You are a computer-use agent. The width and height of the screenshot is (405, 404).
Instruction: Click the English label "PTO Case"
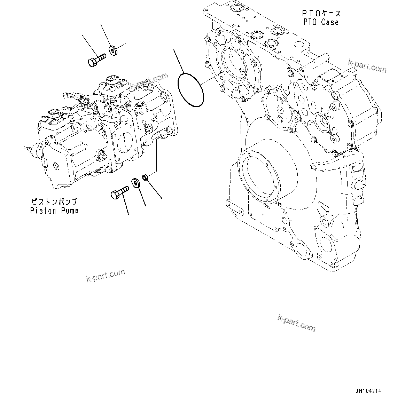click(x=320, y=22)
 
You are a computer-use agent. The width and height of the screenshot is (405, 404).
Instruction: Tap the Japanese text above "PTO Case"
click(x=321, y=14)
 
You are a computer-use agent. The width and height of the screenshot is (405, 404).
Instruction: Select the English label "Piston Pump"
click(x=54, y=211)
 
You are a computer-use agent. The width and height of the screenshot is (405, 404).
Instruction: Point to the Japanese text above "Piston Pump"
click(x=54, y=201)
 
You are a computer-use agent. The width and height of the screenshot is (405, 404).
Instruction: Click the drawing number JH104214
click(x=368, y=391)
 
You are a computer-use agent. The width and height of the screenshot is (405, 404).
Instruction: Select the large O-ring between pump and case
click(x=190, y=89)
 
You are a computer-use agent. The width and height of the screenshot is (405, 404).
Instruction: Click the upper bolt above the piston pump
click(x=96, y=60)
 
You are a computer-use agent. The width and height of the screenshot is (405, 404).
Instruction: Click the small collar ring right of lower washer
click(x=147, y=178)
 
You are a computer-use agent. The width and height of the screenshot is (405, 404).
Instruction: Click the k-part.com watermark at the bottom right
click(x=297, y=323)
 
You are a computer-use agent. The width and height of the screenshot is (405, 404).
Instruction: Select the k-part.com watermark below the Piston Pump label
click(x=106, y=276)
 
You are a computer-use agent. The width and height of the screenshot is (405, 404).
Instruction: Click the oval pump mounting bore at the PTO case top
click(x=232, y=66)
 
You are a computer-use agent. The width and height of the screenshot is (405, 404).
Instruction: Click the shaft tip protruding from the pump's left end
click(x=25, y=149)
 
